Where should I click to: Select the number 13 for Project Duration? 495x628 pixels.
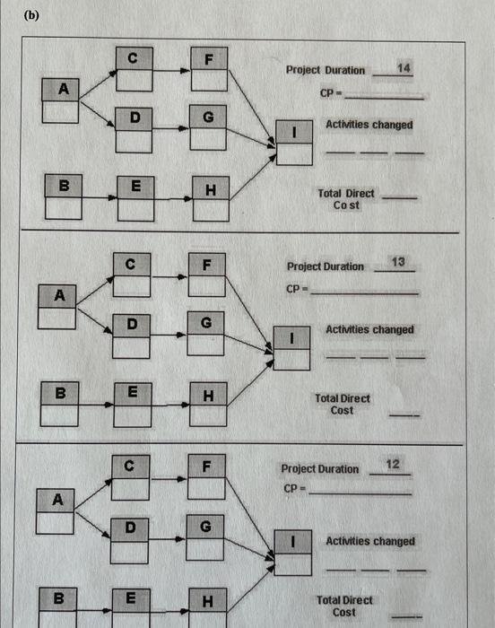pos(399,263)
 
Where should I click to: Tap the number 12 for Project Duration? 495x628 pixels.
pos(393,464)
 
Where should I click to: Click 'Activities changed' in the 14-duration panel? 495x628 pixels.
pos(369,125)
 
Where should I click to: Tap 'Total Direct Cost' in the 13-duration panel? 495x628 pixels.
pos(342,404)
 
